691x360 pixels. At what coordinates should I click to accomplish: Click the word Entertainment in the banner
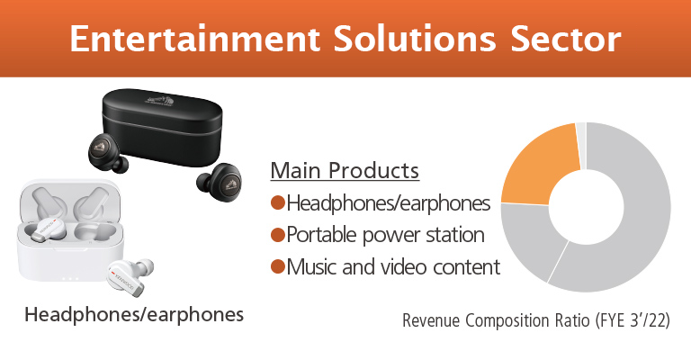194,39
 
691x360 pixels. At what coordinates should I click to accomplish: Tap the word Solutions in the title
415,39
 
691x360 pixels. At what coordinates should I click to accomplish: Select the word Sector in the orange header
566,39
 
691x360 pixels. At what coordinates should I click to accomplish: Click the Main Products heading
345,170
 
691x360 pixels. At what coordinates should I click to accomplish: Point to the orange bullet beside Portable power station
278,235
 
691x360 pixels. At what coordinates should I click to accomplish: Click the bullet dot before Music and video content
278,266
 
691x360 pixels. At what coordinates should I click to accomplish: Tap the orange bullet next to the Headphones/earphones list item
278,203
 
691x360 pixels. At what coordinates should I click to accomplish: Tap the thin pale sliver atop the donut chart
581,146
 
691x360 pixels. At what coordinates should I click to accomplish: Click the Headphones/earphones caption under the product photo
134,315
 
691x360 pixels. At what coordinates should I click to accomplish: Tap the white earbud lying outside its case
131,276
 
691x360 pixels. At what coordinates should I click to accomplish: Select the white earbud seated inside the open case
47,230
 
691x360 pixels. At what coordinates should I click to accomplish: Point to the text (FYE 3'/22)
633,320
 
